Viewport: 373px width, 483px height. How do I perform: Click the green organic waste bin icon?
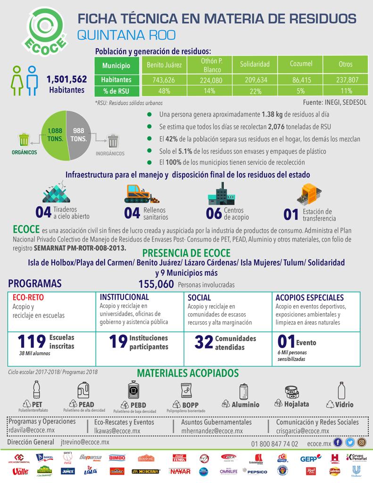tap(24, 140)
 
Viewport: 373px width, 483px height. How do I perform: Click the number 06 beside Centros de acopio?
tap(214, 213)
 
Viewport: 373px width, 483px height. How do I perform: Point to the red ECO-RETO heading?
tap(25, 298)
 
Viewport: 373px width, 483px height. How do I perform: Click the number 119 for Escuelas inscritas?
tap(32, 341)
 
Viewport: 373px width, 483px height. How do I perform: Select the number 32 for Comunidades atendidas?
tap(204, 342)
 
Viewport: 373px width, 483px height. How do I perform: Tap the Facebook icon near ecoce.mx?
tap(338, 442)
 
